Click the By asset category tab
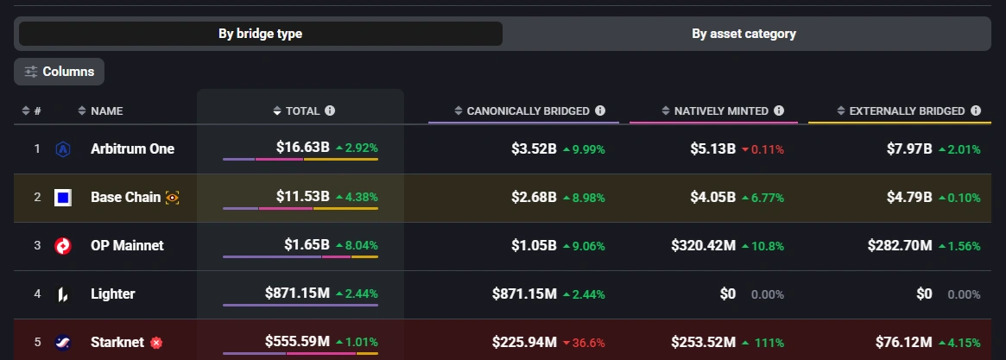point(743,35)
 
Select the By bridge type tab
point(260,35)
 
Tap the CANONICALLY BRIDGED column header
point(528,111)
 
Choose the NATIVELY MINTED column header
point(721,111)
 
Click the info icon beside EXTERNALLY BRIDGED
point(976,111)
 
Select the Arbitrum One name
point(132,148)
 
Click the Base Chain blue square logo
point(62,198)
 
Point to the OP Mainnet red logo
point(62,246)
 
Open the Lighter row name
point(112,294)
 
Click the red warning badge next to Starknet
point(156,343)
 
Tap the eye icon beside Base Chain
point(173,198)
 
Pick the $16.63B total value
point(302,148)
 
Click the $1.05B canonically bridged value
point(534,246)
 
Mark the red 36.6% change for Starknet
point(584,343)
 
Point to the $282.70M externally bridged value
point(900,246)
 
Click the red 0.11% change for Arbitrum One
point(762,149)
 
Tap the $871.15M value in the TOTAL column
point(297,294)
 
